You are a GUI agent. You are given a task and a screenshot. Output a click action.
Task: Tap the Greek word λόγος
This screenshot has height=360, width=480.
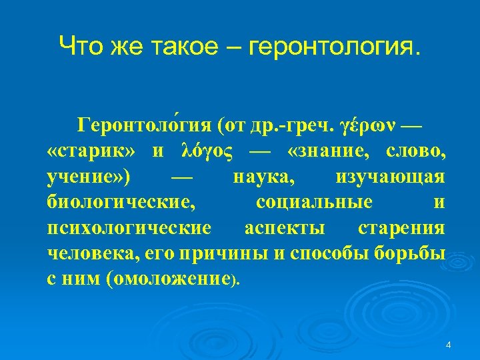(207, 151)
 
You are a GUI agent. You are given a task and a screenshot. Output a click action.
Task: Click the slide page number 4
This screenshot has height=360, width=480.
(448, 345)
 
